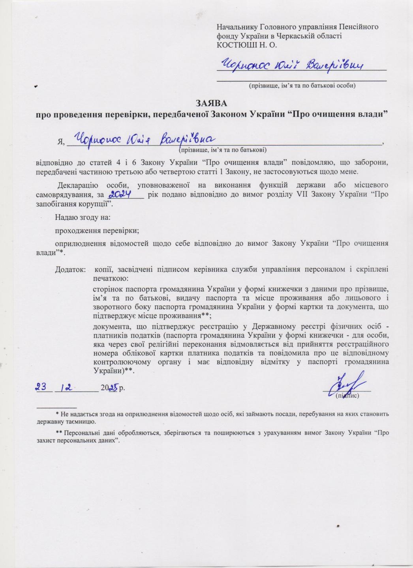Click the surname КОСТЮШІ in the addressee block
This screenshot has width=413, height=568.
click(x=232, y=45)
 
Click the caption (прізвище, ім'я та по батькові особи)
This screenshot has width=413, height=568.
click(x=302, y=85)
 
